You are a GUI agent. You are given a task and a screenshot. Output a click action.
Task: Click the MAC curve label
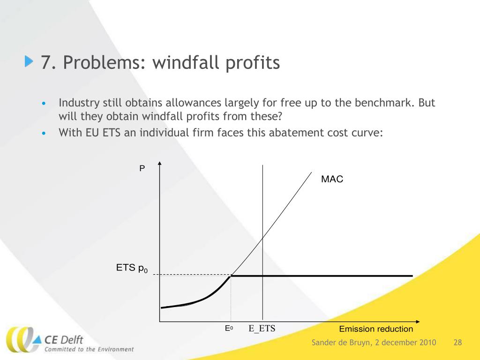(332, 179)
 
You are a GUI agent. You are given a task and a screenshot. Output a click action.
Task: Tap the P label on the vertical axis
(142, 168)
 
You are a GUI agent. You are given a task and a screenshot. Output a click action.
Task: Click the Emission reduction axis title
(376, 329)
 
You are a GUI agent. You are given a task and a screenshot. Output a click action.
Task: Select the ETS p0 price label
(132, 269)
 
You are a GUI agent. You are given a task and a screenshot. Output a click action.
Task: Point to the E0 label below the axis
(229, 329)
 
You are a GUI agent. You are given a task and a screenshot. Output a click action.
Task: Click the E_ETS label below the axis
(262, 329)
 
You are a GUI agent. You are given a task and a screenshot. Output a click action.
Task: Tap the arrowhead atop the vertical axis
(160, 164)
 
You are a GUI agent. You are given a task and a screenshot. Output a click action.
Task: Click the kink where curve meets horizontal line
(231, 276)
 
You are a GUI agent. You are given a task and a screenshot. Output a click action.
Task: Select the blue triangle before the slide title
(30, 61)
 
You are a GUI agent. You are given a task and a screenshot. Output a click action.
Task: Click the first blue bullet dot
(44, 104)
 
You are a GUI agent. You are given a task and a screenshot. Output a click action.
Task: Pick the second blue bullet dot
(44, 133)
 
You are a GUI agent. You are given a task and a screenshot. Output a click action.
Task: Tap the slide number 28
(458, 343)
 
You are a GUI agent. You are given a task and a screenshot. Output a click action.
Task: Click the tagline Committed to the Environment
(89, 349)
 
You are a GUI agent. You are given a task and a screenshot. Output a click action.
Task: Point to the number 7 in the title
(45, 62)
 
